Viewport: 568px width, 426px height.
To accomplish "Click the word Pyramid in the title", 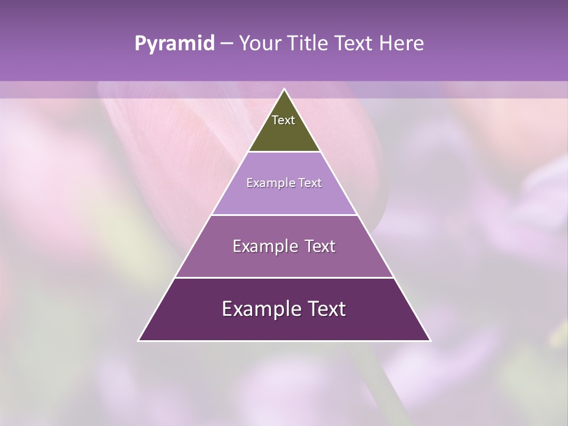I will coord(174,44).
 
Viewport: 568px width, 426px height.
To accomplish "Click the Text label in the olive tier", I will coord(283,120).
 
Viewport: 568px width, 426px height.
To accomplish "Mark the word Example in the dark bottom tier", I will coord(261,309).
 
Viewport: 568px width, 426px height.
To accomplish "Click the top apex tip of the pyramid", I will coord(284,89).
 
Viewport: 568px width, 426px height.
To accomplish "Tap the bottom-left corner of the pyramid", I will coord(139,340).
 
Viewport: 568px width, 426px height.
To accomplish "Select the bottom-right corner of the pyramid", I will coord(430,340).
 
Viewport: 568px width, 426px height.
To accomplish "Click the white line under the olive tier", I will coord(284,152).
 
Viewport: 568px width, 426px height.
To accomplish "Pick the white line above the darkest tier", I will coord(284,277).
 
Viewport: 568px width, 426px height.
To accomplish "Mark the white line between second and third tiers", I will coord(284,215).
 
